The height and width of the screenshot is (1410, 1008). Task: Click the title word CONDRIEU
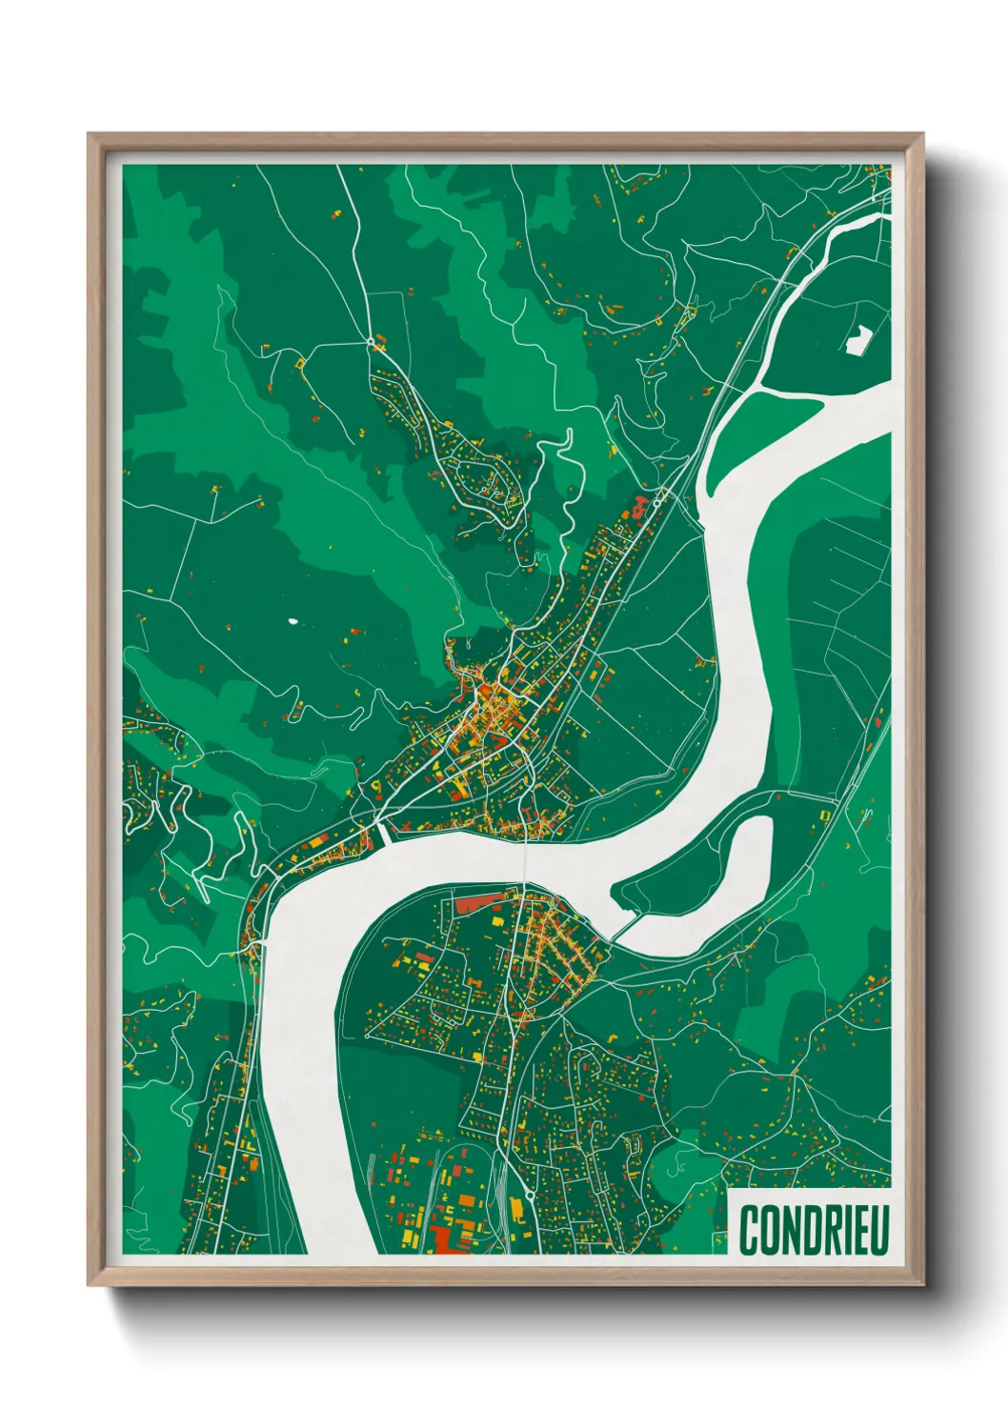pos(814,1230)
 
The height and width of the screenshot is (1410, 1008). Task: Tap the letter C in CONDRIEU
pos(748,1230)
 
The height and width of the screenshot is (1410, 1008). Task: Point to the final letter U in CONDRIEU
pos(878,1230)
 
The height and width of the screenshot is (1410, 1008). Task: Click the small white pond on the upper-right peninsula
pos(858,339)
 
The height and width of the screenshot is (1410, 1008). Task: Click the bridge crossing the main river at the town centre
pos(525,861)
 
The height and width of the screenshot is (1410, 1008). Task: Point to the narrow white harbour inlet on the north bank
pos(384,833)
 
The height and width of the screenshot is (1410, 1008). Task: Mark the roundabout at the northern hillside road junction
pos(370,340)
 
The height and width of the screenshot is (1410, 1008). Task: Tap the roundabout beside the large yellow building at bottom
pos(530,1193)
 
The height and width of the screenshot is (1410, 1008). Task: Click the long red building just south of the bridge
pos(477,900)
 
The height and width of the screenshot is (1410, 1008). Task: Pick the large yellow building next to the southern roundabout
pos(515,1208)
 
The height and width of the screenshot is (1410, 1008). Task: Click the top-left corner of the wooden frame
pos(90,135)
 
